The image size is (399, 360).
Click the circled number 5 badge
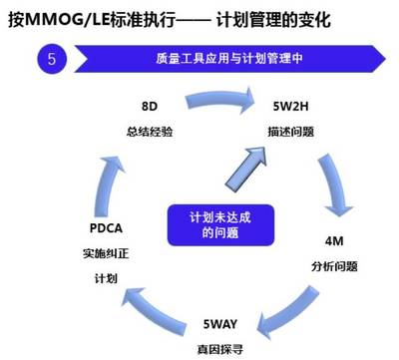coord(52,59)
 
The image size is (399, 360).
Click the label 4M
coord(334,241)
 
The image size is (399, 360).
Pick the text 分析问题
coord(334,266)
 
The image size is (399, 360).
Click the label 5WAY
coord(220,325)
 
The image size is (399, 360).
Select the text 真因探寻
coord(220,349)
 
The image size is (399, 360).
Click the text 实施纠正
coord(105,253)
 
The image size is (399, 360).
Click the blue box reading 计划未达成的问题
coord(206,224)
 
